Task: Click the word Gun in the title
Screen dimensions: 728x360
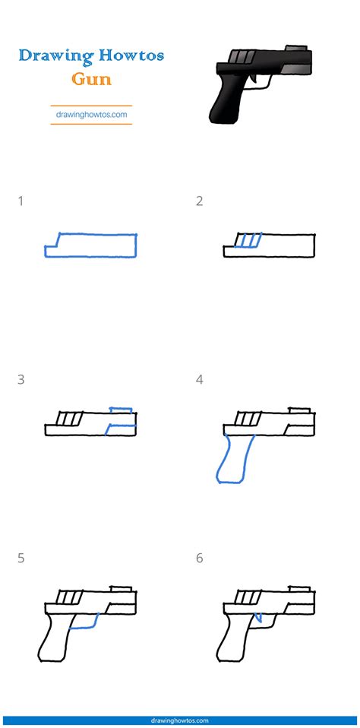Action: coord(91,79)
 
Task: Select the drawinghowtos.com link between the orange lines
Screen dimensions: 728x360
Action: coord(91,115)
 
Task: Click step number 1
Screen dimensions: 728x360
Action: coord(21,201)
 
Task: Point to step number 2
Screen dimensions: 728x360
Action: coord(199,201)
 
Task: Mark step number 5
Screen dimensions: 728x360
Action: coord(21,558)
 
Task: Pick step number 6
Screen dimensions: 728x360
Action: coord(199,558)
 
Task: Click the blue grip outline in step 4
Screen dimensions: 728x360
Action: coord(231,461)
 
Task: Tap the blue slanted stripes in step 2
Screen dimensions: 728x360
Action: coord(249,241)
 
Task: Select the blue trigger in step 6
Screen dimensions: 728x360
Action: coord(258,619)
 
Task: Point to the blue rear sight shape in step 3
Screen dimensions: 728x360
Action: coord(122,416)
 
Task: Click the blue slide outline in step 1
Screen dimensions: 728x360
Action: coord(91,245)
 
